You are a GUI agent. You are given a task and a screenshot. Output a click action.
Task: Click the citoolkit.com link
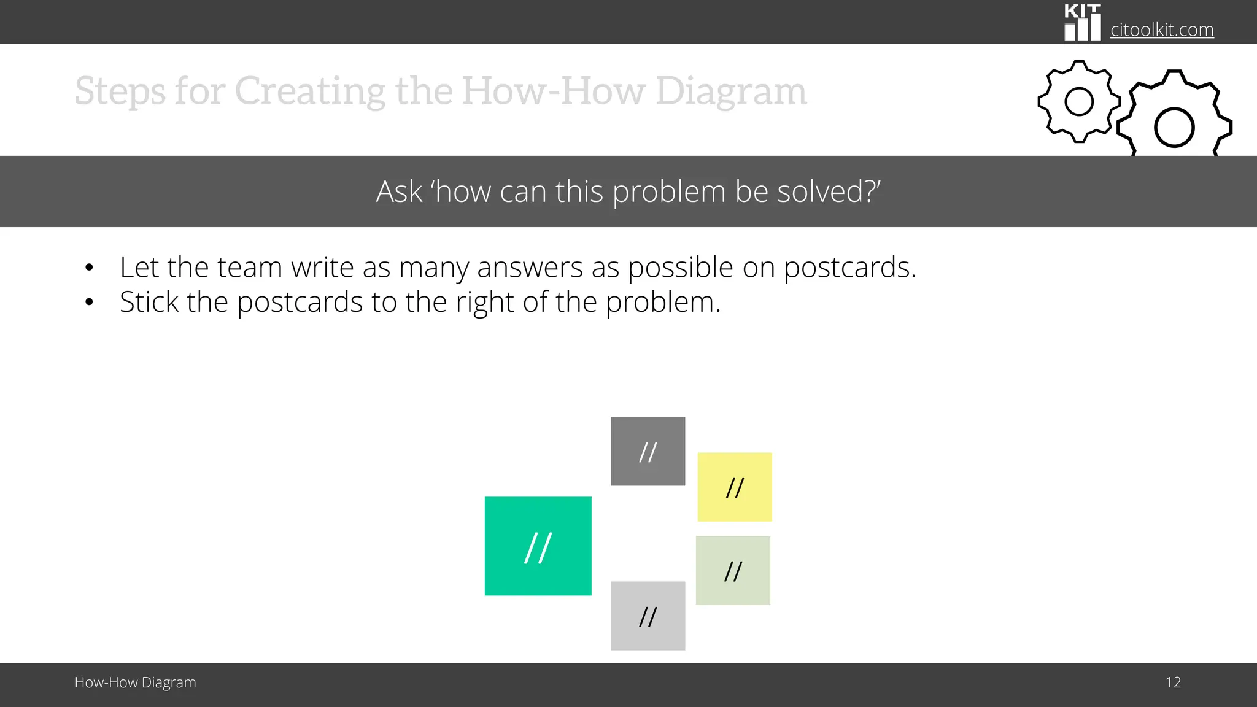[1161, 29]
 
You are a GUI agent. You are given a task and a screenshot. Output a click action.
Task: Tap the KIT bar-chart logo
[1082, 23]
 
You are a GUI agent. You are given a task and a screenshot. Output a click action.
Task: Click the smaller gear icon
[1078, 101]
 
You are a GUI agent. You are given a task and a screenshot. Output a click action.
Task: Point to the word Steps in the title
[120, 91]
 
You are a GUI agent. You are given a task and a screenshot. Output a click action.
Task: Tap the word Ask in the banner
[399, 191]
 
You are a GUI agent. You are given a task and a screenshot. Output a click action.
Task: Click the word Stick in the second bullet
[149, 302]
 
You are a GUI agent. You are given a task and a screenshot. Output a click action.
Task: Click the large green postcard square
[538, 546]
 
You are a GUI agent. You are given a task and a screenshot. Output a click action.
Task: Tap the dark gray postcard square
[648, 451]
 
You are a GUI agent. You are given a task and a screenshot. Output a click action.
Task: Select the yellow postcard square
[734, 487]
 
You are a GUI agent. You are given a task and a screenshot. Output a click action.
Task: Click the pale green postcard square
[733, 570]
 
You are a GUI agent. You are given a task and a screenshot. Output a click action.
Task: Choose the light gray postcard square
[648, 616]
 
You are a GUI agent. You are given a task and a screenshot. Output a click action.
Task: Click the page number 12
[1173, 682]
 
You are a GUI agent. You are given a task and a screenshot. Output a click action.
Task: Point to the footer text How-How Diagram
[135, 682]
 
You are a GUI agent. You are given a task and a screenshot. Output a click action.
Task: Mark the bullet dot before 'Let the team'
[90, 268]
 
